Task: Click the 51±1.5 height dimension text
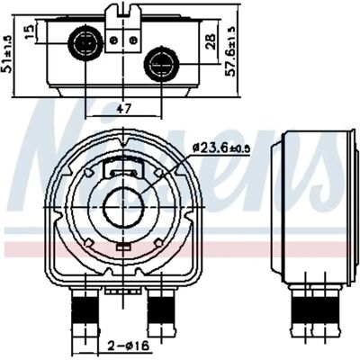coord(7,54)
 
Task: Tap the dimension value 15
coord(29,32)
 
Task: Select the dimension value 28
coord(211,41)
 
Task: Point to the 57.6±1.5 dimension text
coord(230,50)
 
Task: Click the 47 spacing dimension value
coord(124,108)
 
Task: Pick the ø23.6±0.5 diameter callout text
coord(221,148)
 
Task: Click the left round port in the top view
coord(85,42)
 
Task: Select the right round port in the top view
coord(162,63)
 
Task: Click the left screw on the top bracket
coord(114,40)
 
